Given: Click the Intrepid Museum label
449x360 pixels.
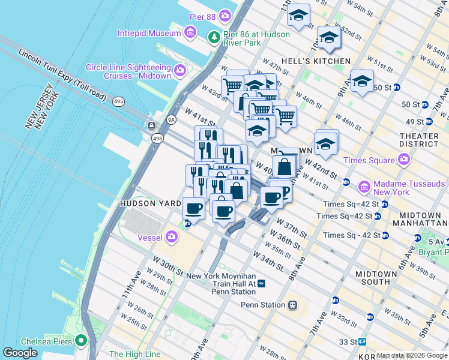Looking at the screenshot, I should click(x=149, y=33).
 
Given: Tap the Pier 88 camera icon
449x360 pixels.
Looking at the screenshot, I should click(x=225, y=14).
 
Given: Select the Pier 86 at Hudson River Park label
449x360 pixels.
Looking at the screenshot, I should click(x=257, y=38).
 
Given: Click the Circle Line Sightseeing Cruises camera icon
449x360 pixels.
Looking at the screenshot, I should click(x=179, y=72).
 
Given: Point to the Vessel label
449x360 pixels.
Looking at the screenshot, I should click(x=150, y=238).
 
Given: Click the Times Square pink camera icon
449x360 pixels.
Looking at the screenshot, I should click(x=404, y=160).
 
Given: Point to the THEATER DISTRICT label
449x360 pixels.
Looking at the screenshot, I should click(x=421, y=140).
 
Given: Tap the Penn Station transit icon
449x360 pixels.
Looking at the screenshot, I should click(x=292, y=305).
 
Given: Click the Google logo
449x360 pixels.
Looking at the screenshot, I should click(x=20, y=353).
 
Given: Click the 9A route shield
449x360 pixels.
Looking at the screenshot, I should click(x=172, y=119).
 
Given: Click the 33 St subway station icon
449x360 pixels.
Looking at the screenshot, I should click(x=363, y=341).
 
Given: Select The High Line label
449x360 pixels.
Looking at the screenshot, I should click(x=135, y=354).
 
